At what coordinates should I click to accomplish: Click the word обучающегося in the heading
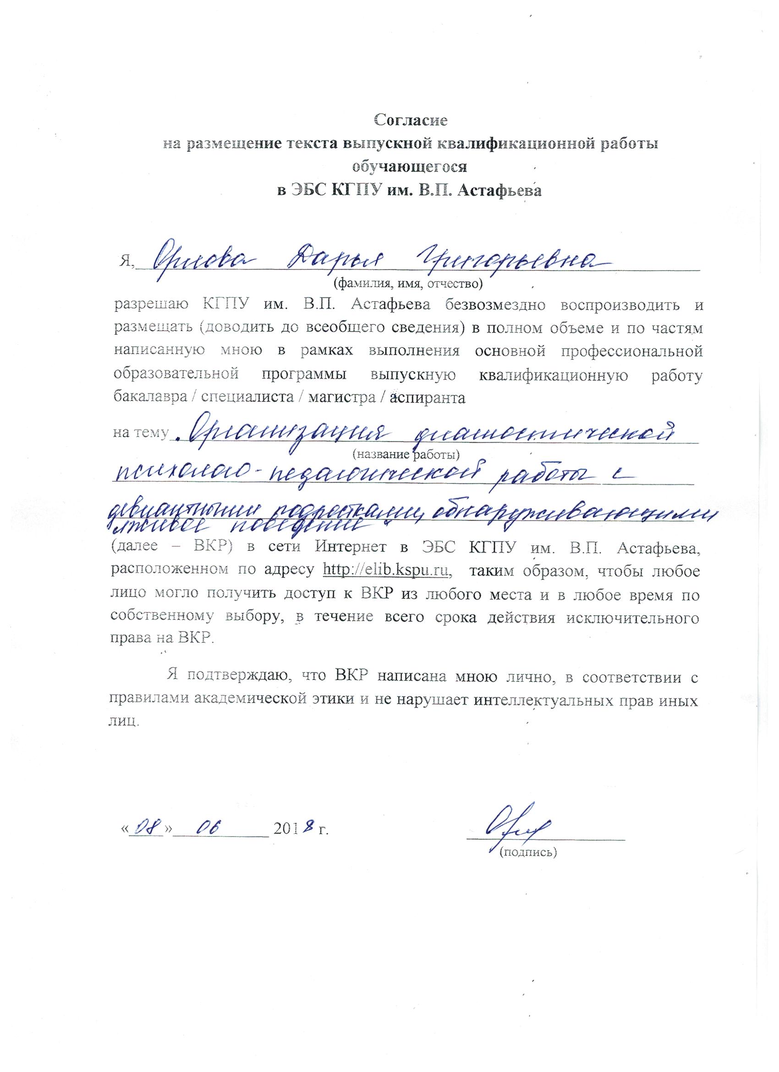coord(410,167)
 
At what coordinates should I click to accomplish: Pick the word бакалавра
coord(150,398)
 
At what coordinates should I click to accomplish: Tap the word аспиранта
coord(428,398)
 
